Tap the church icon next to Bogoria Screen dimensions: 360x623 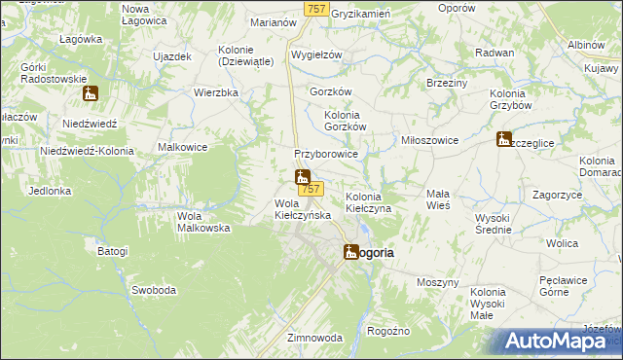350,251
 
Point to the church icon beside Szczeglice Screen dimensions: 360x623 503,139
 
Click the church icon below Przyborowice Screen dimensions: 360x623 302,177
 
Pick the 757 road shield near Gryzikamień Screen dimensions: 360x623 314,9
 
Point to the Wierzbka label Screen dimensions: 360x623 216,93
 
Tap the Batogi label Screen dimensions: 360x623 112,251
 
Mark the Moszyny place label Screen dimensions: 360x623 437,282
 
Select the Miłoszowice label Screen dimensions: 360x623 430,140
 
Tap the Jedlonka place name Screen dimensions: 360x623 51,192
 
